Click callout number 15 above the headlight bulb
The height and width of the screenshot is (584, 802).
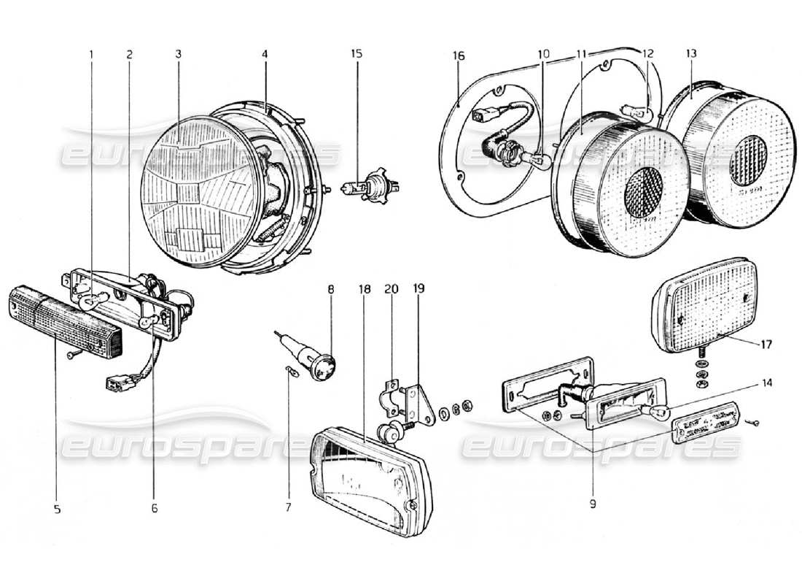point(356,54)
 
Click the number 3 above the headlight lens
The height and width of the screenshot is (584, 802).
point(177,54)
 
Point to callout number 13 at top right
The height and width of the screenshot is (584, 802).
point(691,54)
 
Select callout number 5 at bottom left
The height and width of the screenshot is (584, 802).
point(57,508)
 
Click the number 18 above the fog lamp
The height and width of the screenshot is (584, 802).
point(365,289)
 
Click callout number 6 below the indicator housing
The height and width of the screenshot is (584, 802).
point(155,508)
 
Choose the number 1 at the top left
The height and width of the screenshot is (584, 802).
point(92,54)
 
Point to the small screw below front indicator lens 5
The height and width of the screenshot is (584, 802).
point(68,356)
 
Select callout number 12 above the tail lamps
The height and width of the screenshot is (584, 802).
point(647,54)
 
